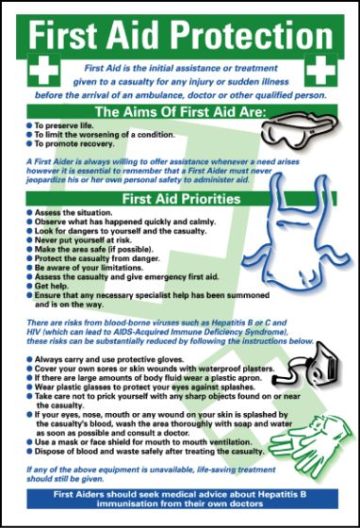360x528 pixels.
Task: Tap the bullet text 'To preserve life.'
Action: point(64,124)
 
